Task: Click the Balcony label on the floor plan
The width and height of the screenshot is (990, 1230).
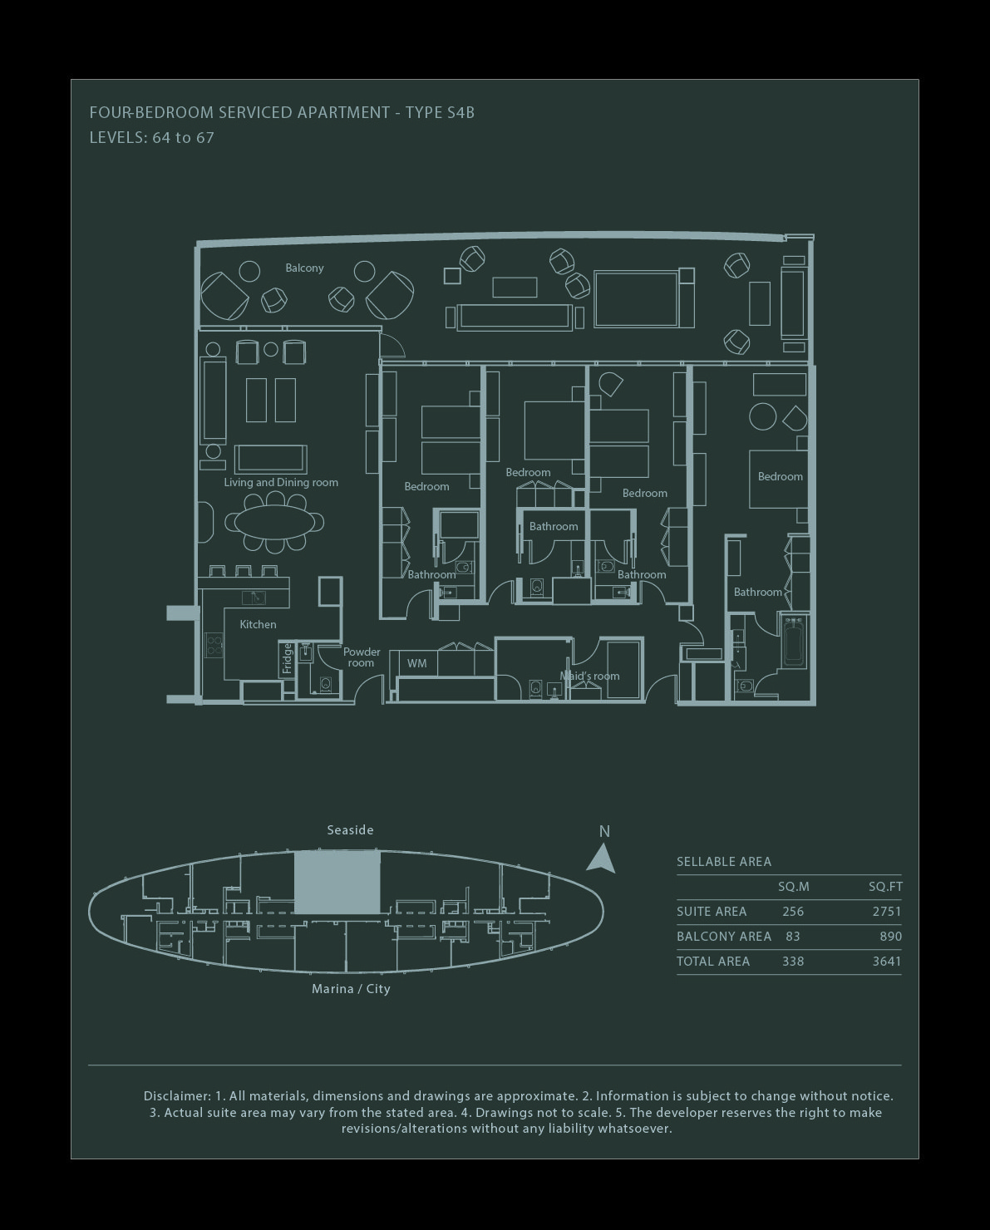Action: click(x=304, y=268)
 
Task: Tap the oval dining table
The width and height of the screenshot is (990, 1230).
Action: click(x=274, y=522)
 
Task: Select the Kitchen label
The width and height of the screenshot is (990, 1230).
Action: click(x=258, y=624)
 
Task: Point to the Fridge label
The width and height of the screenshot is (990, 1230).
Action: click(x=287, y=658)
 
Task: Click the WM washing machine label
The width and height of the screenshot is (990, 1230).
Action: click(x=416, y=663)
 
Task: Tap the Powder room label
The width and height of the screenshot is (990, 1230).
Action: click(x=362, y=657)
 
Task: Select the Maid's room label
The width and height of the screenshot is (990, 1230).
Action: click(x=590, y=676)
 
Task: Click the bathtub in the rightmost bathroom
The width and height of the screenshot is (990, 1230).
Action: click(x=794, y=641)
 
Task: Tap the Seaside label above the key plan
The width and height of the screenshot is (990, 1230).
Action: click(x=351, y=830)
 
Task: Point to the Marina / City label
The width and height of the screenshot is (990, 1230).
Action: click(x=351, y=989)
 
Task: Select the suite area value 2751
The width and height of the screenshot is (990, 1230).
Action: click(x=887, y=912)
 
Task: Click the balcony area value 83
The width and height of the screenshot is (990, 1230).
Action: click(x=793, y=937)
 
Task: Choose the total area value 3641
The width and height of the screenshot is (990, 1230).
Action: click(x=887, y=962)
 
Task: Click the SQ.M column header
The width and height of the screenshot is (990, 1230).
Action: click(x=793, y=887)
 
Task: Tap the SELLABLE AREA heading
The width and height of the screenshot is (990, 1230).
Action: click(x=724, y=861)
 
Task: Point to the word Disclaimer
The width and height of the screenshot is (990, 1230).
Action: click(x=177, y=1096)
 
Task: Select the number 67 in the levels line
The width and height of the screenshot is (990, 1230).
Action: click(x=205, y=138)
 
